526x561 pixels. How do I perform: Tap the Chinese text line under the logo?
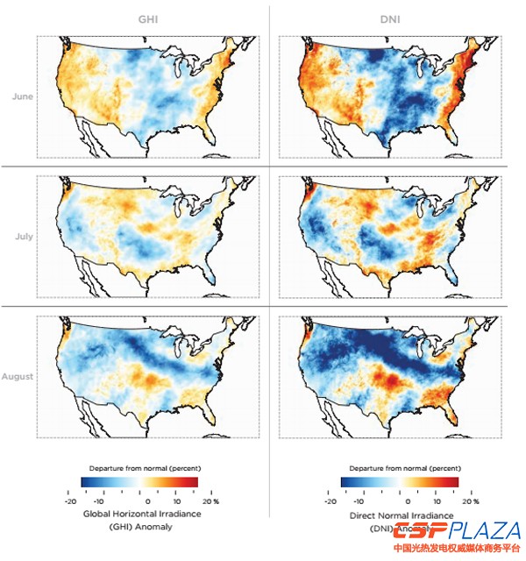pyautogui.click(x=457, y=550)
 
